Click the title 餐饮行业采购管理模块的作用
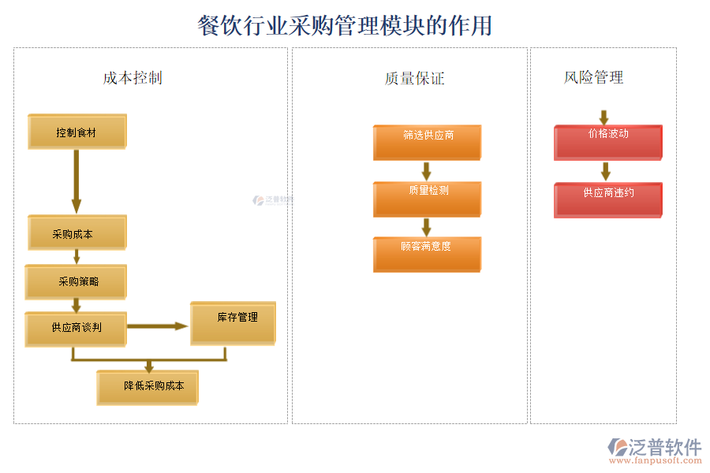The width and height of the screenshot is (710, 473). click(x=345, y=25)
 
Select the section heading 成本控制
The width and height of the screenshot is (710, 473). click(x=133, y=77)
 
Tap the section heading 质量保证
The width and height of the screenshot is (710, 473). click(x=414, y=78)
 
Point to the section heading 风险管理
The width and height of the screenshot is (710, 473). click(x=593, y=77)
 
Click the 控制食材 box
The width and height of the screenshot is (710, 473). click(x=77, y=132)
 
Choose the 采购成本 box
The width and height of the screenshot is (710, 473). click(x=77, y=233)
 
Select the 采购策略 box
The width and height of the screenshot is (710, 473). click(x=76, y=282)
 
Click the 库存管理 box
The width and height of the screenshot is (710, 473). click(x=233, y=322)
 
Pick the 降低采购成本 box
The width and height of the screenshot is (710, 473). click(x=147, y=387)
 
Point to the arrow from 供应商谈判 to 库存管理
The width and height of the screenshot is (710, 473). click(x=158, y=326)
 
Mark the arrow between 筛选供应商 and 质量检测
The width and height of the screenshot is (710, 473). click(x=427, y=170)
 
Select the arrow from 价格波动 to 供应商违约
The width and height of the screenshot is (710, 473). click(x=606, y=171)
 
